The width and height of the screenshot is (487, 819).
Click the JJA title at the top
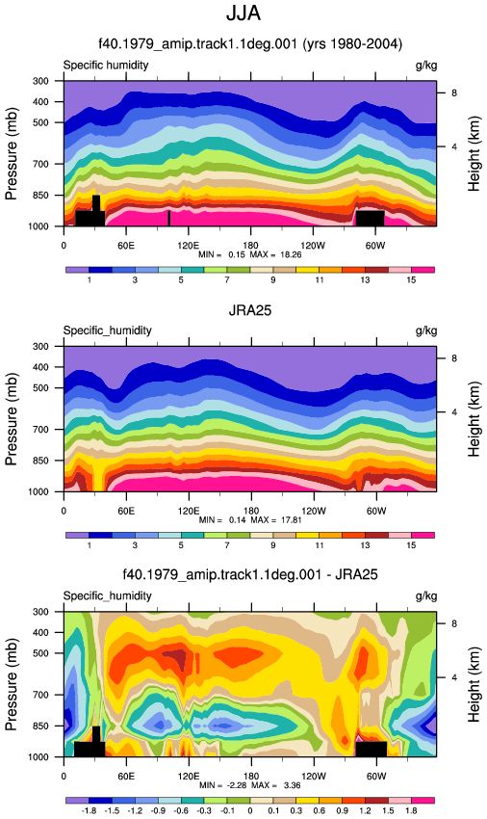coord(243,13)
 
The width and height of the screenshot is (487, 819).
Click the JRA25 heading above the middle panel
coord(250,310)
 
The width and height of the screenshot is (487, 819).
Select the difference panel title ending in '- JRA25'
coord(250,575)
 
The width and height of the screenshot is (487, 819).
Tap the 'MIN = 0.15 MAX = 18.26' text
coord(250,254)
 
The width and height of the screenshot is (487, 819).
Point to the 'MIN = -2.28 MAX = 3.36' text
coord(250,785)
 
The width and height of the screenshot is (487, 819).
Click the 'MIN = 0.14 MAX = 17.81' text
coord(250,519)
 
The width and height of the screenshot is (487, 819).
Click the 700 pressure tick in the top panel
coord(40,164)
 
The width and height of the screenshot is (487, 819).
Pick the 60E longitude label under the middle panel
coord(126,511)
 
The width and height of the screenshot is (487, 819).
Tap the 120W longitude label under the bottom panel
coord(313,776)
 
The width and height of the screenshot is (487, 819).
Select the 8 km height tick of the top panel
coord(454,92)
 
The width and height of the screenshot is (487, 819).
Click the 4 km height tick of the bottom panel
coord(454,677)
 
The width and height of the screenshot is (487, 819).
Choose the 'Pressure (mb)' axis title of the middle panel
coord(12,418)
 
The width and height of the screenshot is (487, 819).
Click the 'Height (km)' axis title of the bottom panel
coord(474,684)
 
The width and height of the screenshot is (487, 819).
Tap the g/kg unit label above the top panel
coord(426,66)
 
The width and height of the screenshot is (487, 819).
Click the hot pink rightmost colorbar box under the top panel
coord(423,270)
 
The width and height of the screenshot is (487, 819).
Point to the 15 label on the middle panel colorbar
coord(411,545)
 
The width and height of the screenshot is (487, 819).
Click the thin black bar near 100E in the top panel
coord(168,218)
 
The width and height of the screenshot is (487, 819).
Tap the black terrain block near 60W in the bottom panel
coord(372,749)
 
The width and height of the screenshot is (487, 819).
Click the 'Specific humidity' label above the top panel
coord(106,66)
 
